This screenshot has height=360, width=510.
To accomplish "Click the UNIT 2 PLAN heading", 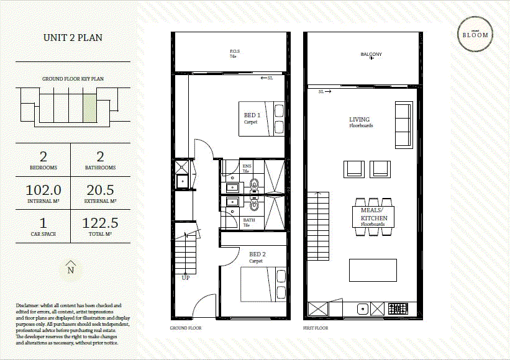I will coord(73,38).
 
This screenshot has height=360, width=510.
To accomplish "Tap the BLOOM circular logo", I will coord(475,35).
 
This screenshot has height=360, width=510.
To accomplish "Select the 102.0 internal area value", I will coord(43,191).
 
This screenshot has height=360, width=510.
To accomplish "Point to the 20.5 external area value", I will coord(99,191).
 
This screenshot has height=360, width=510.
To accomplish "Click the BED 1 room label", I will coord(252,116).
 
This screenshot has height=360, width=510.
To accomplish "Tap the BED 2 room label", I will coord(258,254).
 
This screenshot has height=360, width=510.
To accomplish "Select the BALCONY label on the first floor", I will coord(371,54).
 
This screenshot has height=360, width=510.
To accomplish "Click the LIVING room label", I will coord(360,119).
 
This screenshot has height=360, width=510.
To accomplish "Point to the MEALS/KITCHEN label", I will coord(374,214).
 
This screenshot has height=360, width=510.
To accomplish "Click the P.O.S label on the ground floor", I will coord(235,52).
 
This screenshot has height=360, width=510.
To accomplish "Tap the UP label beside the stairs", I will coord(185,277).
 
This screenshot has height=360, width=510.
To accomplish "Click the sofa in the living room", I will coord(403,125).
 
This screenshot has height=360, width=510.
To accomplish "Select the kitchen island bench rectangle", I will coord(373,271).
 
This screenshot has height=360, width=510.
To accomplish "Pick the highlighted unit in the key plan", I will coord(89,105).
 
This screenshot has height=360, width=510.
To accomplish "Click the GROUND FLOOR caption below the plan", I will coord(185,328).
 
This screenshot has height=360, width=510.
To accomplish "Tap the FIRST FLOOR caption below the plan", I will coord(316,328).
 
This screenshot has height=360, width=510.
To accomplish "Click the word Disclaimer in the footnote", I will coord(28,305).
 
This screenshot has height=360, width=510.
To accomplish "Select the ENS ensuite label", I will coord(247,166).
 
